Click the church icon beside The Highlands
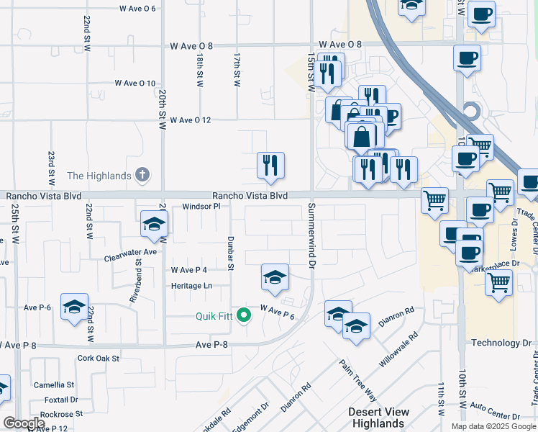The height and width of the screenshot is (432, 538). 143,175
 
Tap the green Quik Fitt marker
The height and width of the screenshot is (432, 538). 244,315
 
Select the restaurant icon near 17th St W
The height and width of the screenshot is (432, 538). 271,165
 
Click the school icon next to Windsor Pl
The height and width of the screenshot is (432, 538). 153,225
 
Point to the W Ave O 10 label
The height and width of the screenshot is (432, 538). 135,84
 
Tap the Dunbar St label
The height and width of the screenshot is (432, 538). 231,253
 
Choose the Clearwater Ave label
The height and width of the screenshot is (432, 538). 130,253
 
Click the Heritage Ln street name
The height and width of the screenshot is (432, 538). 191,286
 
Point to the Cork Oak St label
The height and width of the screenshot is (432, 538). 98,358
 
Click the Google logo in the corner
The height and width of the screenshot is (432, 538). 24,423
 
